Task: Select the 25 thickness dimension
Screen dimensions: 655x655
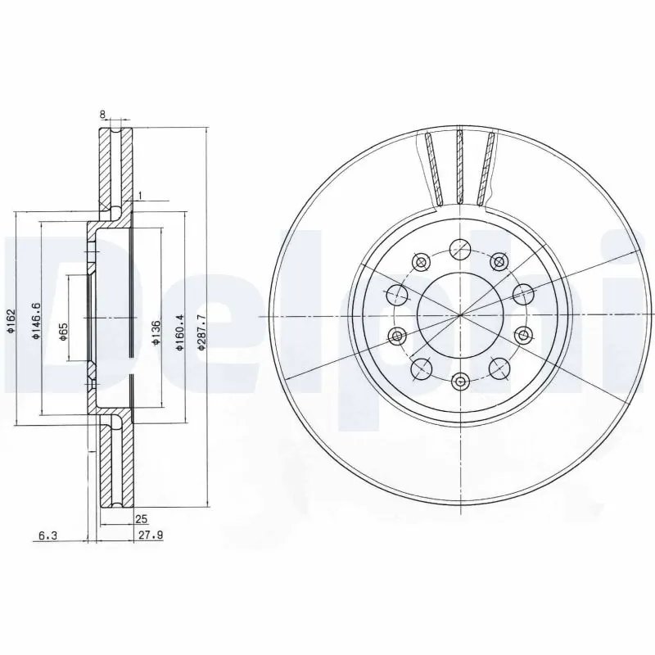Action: pyautogui.click(x=140, y=519)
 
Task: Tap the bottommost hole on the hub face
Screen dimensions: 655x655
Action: pyautogui.click(x=460, y=381)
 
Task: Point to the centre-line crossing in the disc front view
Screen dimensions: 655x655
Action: pyautogui.click(x=460, y=315)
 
